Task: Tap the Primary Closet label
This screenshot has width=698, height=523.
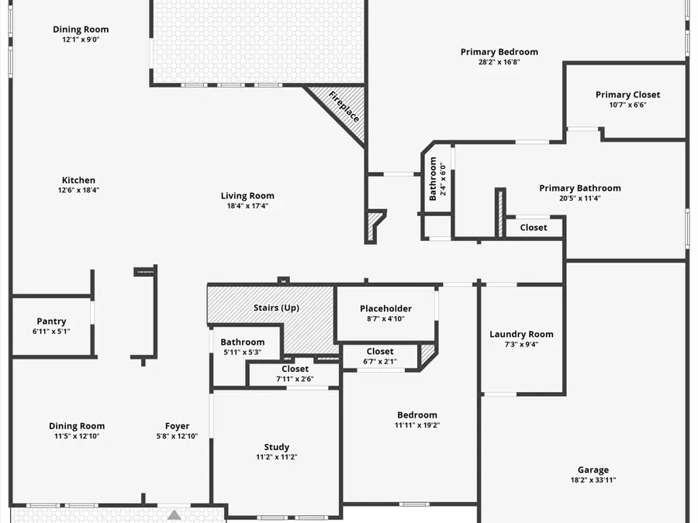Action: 627,95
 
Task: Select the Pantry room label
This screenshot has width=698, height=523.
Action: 51,322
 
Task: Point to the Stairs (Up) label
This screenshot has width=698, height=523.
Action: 276,308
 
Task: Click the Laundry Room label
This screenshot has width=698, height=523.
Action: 521,335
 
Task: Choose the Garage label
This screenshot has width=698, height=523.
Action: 593,470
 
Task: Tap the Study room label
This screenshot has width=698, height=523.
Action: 276,447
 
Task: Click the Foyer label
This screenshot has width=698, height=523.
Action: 177,426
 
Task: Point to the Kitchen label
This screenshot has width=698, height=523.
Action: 78,181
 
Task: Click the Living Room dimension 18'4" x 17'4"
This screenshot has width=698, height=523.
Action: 247,206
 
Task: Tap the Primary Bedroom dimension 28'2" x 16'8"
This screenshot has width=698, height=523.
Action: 499,62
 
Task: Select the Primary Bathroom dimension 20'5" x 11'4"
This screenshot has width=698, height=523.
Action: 579,198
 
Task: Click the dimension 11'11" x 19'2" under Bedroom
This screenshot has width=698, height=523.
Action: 417,425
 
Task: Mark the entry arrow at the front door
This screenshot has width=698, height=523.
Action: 174,514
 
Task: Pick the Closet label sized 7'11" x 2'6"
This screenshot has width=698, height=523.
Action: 295,369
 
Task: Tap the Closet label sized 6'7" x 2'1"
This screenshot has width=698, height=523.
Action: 380,351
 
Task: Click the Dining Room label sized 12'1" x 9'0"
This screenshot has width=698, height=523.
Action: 81,29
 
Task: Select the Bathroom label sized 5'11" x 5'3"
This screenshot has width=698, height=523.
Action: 242,342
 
